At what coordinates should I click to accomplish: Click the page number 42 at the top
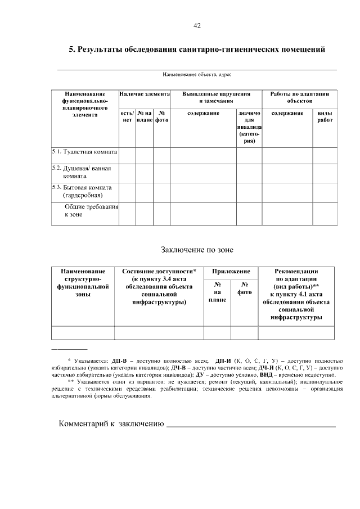(197, 26)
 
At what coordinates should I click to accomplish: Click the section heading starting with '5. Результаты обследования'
(197, 50)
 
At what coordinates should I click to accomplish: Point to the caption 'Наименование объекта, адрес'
(197, 74)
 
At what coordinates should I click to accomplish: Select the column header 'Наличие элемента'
(145, 94)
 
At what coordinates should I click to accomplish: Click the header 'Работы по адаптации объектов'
(299, 97)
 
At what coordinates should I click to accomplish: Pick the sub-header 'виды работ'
(325, 116)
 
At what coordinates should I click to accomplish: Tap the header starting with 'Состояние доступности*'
(159, 286)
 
